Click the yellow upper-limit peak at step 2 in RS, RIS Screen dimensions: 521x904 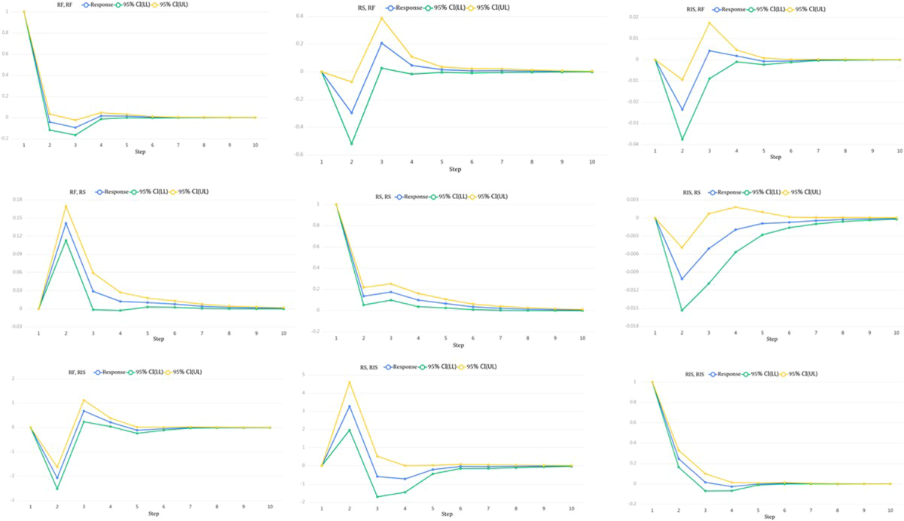pos(349,382)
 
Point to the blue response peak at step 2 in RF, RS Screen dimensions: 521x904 pos(66,223)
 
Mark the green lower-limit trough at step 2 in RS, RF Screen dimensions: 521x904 pos(351,143)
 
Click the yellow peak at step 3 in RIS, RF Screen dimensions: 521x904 pos(709,23)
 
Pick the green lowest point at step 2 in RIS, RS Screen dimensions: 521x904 pos(682,310)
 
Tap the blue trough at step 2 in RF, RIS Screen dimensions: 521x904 pos(57,478)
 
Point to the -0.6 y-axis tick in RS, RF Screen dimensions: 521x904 pos(307,155)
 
